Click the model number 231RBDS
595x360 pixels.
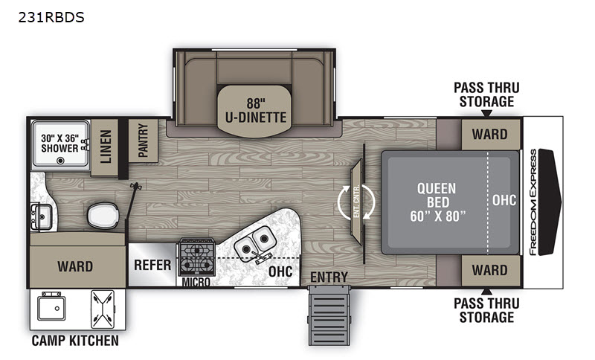pos(51,17)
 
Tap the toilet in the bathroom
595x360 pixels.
pos(103,216)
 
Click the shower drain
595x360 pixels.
pos(60,161)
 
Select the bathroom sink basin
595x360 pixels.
pos(42,216)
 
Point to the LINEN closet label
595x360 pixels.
pos(106,147)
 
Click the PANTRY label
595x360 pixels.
pos(143,140)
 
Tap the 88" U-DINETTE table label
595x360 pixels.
pos(256,110)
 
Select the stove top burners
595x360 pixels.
pos(197,257)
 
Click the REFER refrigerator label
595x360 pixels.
pos(152,265)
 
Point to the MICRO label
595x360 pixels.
pos(196,282)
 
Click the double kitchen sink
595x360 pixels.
pos(254,243)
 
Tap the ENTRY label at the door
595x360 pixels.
pos(329,277)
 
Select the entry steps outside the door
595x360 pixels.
pos(329,315)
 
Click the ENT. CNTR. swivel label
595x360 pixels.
pos(356,201)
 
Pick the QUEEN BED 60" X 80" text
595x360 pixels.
pos(438,202)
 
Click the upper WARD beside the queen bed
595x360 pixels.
pos(489,134)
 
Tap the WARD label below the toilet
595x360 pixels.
pos(75,266)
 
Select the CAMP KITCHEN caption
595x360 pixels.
pos(75,340)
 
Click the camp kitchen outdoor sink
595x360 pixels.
pos(51,306)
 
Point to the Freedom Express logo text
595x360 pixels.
pos(533,202)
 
